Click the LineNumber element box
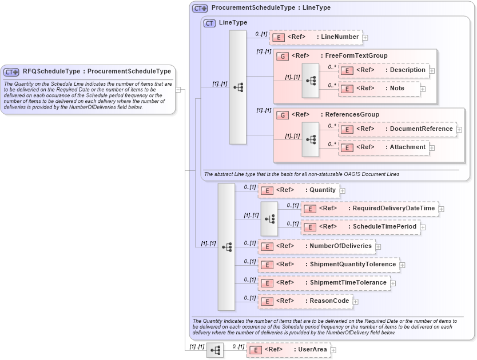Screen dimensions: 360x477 (x=316, y=37)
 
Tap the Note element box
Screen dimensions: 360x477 (x=379, y=89)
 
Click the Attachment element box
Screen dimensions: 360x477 (x=383, y=147)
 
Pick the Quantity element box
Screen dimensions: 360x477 (x=298, y=190)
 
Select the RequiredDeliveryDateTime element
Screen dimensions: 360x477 (x=369, y=209)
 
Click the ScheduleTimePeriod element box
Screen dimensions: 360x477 (x=360, y=227)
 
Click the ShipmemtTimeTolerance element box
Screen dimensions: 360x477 (x=323, y=283)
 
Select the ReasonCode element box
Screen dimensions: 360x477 (x=305, y=301)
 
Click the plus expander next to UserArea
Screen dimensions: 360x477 (x=333, y=350)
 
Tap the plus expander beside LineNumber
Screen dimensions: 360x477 (x=365, y=38)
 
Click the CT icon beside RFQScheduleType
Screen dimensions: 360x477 (x=11, y=72)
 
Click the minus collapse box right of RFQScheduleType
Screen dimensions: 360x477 (x=178, y=89)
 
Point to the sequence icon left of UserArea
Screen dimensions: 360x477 (x=215, y=350)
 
